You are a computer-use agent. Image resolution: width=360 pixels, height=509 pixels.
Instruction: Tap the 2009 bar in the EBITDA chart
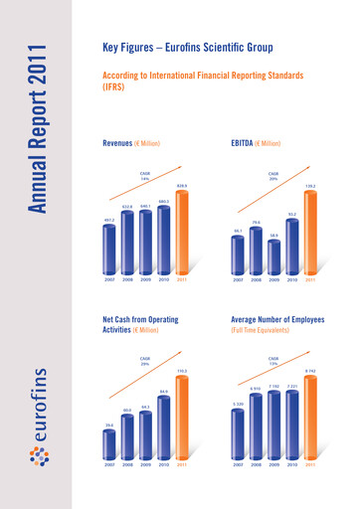point(274,255)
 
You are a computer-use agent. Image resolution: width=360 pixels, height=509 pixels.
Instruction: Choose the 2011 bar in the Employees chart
point(310,417)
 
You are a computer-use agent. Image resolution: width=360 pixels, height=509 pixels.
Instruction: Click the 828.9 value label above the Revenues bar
point(182,186)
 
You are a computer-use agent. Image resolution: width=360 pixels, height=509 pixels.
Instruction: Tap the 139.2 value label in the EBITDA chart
point(310,186)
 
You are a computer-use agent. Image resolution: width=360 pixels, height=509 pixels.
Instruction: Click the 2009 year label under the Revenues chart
point(146,279)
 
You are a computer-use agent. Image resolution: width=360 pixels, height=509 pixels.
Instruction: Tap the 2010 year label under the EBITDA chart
point(292,279)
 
